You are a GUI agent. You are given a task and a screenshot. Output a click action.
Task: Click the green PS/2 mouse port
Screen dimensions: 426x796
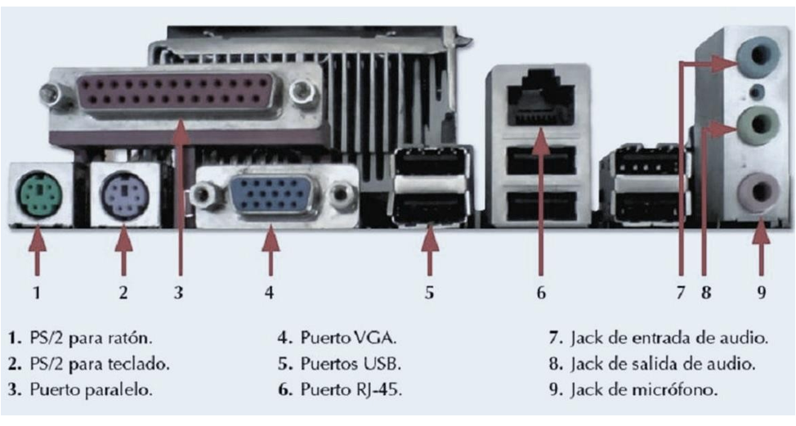[x=36, y=194]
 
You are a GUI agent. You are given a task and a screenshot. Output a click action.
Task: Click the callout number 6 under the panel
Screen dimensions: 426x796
[x=540, y=292]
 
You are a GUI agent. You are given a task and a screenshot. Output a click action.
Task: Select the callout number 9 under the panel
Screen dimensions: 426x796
[x=761, y=292]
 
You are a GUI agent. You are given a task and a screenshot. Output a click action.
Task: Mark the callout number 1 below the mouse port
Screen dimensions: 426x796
[x=37, y=292]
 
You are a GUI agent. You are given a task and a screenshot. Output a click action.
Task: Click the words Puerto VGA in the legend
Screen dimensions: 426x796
[x=349, y=337]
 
